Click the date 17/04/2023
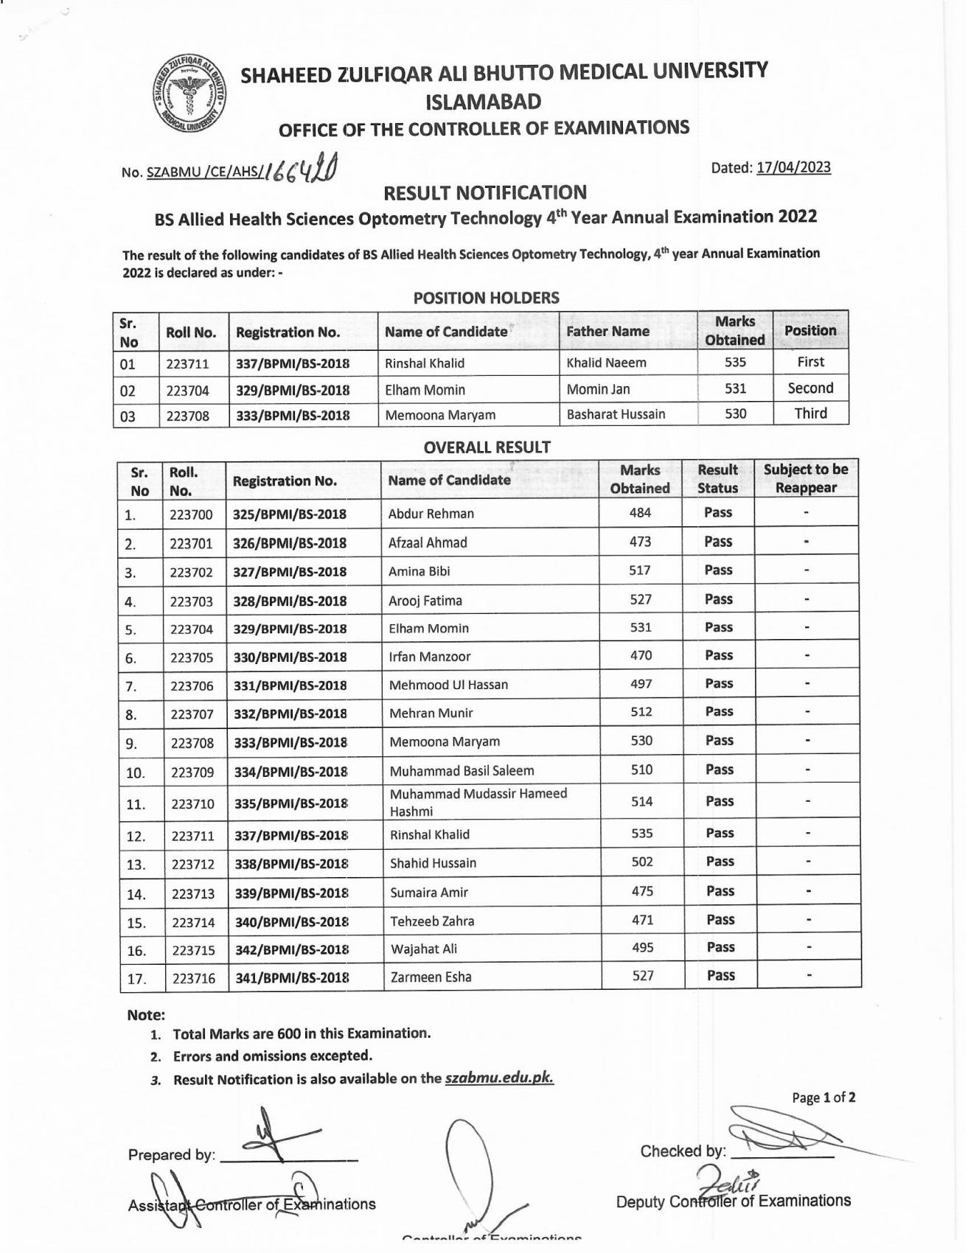793,167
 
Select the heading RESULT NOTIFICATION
485,193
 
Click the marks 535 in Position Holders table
735,362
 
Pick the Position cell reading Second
810,388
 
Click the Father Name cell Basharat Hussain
616,414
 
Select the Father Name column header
607,332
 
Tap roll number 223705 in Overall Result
192,657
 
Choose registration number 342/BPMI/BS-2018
292,949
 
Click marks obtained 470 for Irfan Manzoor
641,655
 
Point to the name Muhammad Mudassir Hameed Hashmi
478,802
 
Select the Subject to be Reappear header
806,478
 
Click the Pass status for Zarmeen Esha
720,976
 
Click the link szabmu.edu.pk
499,1078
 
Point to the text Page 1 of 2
824,1097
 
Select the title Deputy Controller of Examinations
733,1201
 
